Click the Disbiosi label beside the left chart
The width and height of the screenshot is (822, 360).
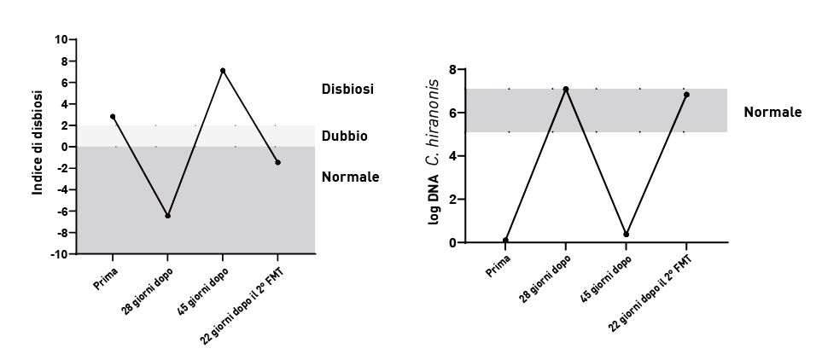[348, 89]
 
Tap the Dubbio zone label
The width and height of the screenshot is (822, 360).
[345, 136]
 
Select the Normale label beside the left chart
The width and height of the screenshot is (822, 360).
[350, 177]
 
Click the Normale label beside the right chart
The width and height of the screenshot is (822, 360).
[772, 112]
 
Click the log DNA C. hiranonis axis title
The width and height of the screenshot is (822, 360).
[434, 152]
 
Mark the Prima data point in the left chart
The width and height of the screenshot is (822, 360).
[113, 116]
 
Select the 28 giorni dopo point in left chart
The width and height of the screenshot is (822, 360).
[167, 216]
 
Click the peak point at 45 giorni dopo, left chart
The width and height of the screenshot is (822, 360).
[223, 70]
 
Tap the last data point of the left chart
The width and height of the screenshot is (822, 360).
[277, 162]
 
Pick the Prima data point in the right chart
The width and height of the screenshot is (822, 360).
[505, 241]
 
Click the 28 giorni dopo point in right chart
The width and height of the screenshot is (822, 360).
[566, 89]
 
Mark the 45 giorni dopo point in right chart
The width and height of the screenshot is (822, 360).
[627, 235]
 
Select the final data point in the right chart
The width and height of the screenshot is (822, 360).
[686, 95]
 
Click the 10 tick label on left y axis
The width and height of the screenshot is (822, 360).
[61, 39]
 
